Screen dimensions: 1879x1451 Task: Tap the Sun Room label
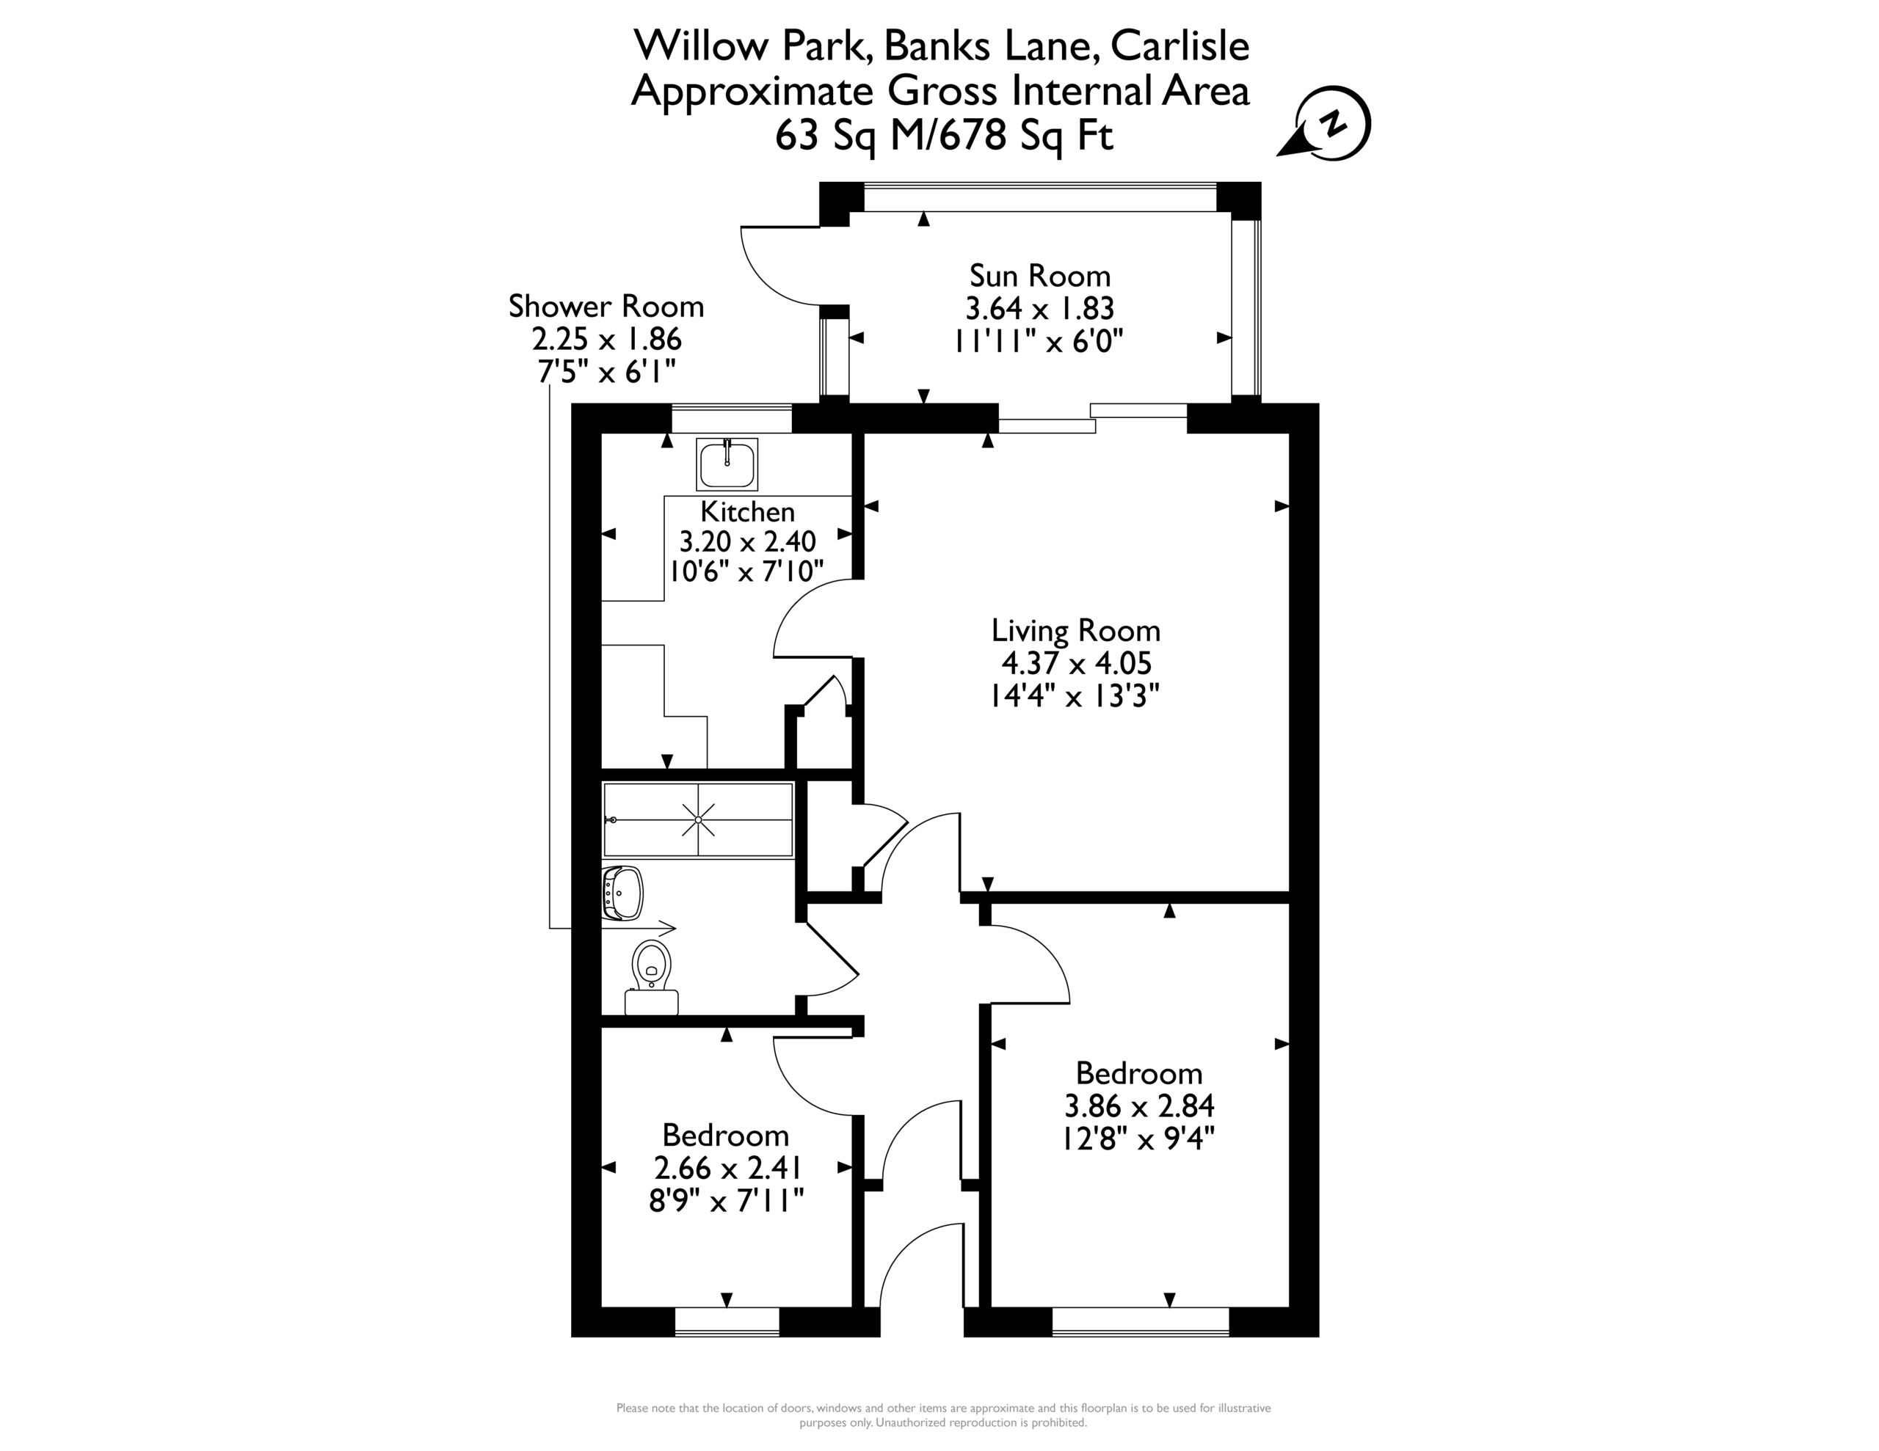(x=1039, y=275)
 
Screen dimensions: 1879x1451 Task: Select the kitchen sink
(x=727, y=464)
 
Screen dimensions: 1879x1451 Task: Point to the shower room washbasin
(x=622, y=893)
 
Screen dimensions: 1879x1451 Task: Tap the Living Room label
(x=1075, y=630)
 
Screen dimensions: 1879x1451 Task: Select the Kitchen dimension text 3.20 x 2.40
(x=748, y=541)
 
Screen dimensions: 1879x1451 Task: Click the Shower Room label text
(x=606, y=306)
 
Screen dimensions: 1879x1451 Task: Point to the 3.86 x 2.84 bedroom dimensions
(x=1139, y=1105)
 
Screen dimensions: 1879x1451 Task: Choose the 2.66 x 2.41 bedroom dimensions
(x=728, y=1168)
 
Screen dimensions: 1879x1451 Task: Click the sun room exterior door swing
(x=779, y=266)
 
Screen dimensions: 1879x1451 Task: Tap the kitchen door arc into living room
(x=813, y=618)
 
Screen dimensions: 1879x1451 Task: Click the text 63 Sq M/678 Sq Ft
(x=944, y=135)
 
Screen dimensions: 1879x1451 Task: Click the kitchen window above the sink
(x=731, y=418)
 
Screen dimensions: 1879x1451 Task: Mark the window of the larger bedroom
(x=1141, y=1321)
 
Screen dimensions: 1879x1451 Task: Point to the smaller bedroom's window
(x=727, y=1321)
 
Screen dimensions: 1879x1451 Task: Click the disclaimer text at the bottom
(x=943, y=1415)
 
